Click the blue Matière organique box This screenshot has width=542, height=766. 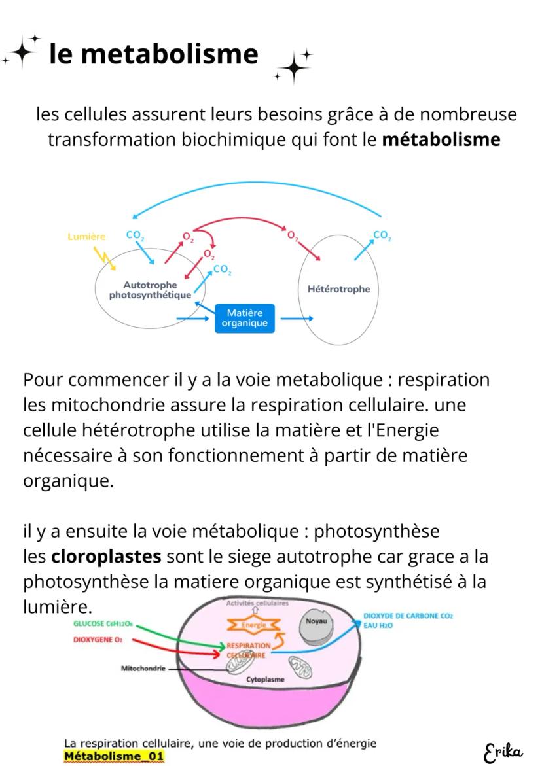(x=244, y=319)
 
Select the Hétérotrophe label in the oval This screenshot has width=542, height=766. (x=338, y=289)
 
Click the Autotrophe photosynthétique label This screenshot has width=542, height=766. (x=151, y=290)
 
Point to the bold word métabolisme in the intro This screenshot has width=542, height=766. (x=441, y=140)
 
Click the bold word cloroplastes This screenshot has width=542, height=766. (x=106, y=557)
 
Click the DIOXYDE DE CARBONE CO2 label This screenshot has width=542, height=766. (x=408, y=616)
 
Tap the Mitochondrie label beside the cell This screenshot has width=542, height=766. (x=143, y=669)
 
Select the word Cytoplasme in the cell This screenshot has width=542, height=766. (x=265, y=680)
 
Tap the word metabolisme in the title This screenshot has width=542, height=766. (x=170, y=54)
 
